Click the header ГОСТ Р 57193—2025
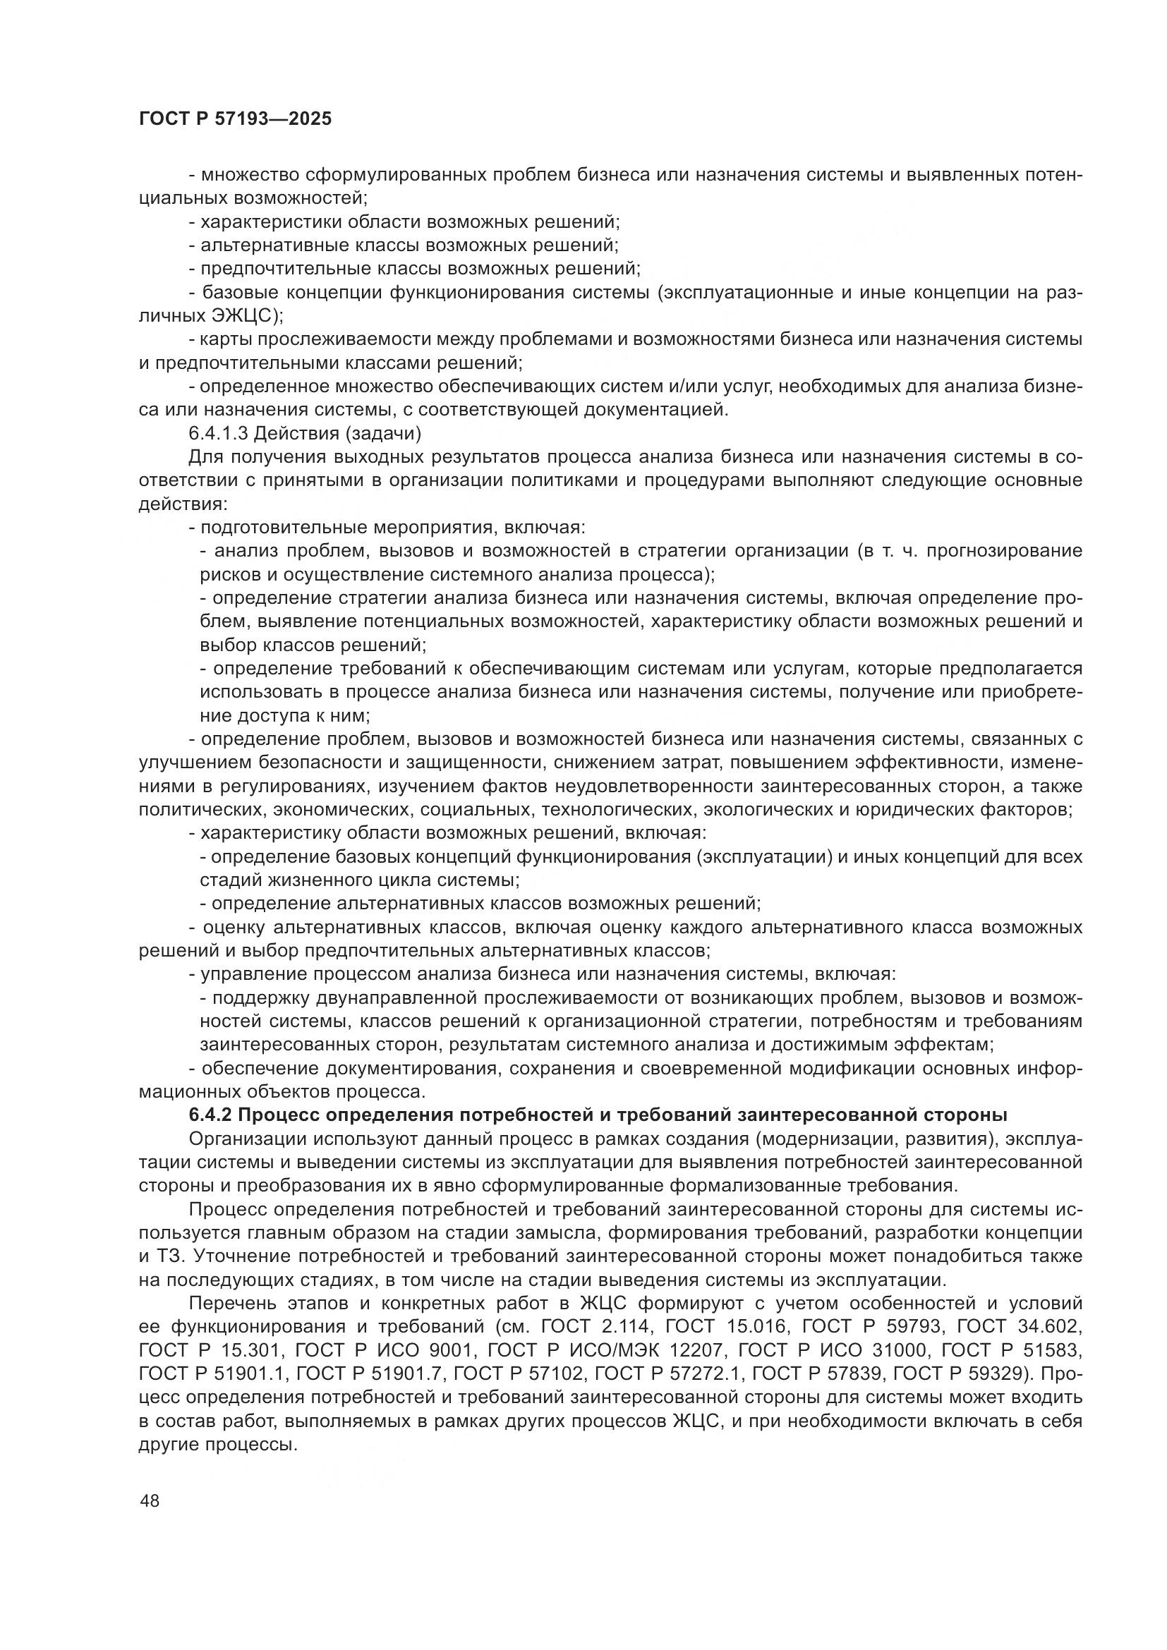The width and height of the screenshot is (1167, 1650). click(x=235, y=119)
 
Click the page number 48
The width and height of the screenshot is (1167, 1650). click(x=150, y=1500)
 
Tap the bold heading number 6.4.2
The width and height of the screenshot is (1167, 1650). click(x=209, y=1115)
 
